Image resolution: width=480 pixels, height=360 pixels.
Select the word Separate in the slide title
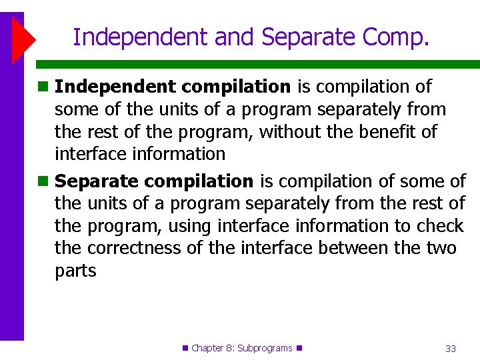[x=303, y=37]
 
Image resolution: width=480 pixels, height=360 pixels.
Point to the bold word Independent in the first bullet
[x=115, y=87]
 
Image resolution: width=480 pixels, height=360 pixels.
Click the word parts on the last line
[x=75, y=271]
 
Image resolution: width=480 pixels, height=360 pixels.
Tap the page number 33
[x=450, y=348]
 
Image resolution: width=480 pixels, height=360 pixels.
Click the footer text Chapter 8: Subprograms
[x=242, y=348]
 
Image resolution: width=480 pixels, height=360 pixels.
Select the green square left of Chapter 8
[x=186, y=348]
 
